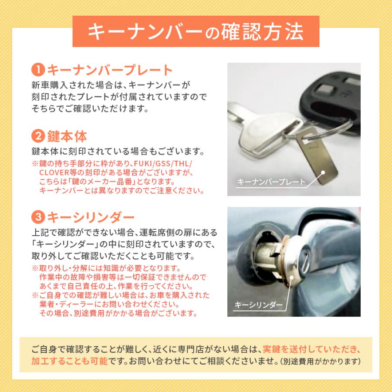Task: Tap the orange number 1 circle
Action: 38,70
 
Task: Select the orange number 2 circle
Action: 38,136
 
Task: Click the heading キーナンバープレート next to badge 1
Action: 109,70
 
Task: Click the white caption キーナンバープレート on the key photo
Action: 271,182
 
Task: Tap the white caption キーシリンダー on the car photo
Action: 258,304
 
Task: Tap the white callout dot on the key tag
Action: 324,172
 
